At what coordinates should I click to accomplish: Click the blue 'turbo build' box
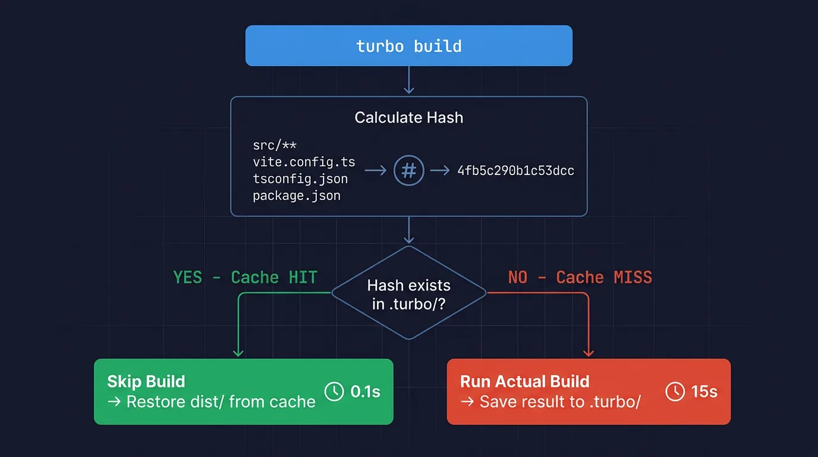click(x=408, y=46)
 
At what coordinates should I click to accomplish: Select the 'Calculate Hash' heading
click(x=408, y=118)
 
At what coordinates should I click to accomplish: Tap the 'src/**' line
click(x=275, y=145)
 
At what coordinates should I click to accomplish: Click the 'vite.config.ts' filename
click(x=304, y=162)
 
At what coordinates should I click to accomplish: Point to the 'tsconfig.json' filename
click(x=300, y=179)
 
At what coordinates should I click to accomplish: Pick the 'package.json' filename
click(x=297, y=196)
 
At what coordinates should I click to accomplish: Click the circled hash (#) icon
click(x=408, y=170)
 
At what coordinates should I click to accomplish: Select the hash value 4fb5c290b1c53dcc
click(x=515, y=171)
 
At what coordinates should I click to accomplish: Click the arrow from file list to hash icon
click(x=375, y=170)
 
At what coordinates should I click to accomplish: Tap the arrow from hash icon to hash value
click(x=440, y=170)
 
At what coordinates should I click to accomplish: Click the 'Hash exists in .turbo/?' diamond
click(x=408, y=293)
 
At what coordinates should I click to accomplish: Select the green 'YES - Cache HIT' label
click(x=245, y=277)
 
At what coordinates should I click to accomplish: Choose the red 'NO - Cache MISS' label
click(x=580, y=277)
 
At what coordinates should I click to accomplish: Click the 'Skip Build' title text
click(x=146, y=381)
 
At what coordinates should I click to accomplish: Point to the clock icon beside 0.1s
click(x=334, y=392)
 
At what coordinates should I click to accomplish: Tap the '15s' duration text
click(x=704, y=392)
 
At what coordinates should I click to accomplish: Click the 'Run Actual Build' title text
click(x=525, y=381)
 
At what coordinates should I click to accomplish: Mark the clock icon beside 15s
click(x=675, y=392)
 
